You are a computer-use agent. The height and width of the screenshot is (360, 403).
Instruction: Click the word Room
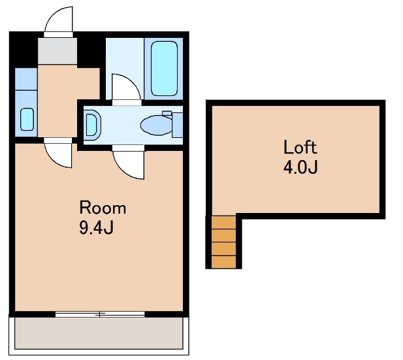pos(103,208)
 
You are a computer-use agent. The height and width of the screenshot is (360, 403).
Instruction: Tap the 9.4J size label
pos(97,227)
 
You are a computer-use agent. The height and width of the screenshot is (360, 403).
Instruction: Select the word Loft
pos(300,147)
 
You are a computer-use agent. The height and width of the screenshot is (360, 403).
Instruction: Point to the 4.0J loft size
pos(300,167)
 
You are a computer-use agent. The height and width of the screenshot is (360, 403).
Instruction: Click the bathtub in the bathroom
pos(164,69)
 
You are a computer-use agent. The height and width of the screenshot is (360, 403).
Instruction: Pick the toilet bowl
pos(156,125)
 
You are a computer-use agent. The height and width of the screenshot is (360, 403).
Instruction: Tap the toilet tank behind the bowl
pos(178,125)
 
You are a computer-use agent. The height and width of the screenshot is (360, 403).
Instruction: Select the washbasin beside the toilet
pos(92,125)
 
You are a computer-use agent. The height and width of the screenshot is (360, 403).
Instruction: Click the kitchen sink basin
pos(27,119)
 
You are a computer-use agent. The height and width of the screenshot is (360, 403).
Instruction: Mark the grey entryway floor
pos(57,51)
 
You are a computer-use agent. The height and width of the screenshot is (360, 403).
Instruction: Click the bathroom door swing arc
pos(127,87)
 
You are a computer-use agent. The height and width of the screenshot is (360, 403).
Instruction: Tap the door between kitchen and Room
pos(58,154)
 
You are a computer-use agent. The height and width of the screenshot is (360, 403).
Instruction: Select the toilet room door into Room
pos(128,162)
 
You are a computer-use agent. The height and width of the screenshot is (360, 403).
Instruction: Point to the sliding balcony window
pos(100,314)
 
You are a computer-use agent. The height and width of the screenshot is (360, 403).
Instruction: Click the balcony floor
pos(99,333)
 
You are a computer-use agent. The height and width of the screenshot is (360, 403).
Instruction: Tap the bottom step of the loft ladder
pos(223,262)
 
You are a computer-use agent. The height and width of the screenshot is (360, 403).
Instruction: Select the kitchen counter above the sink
pos(26,79)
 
